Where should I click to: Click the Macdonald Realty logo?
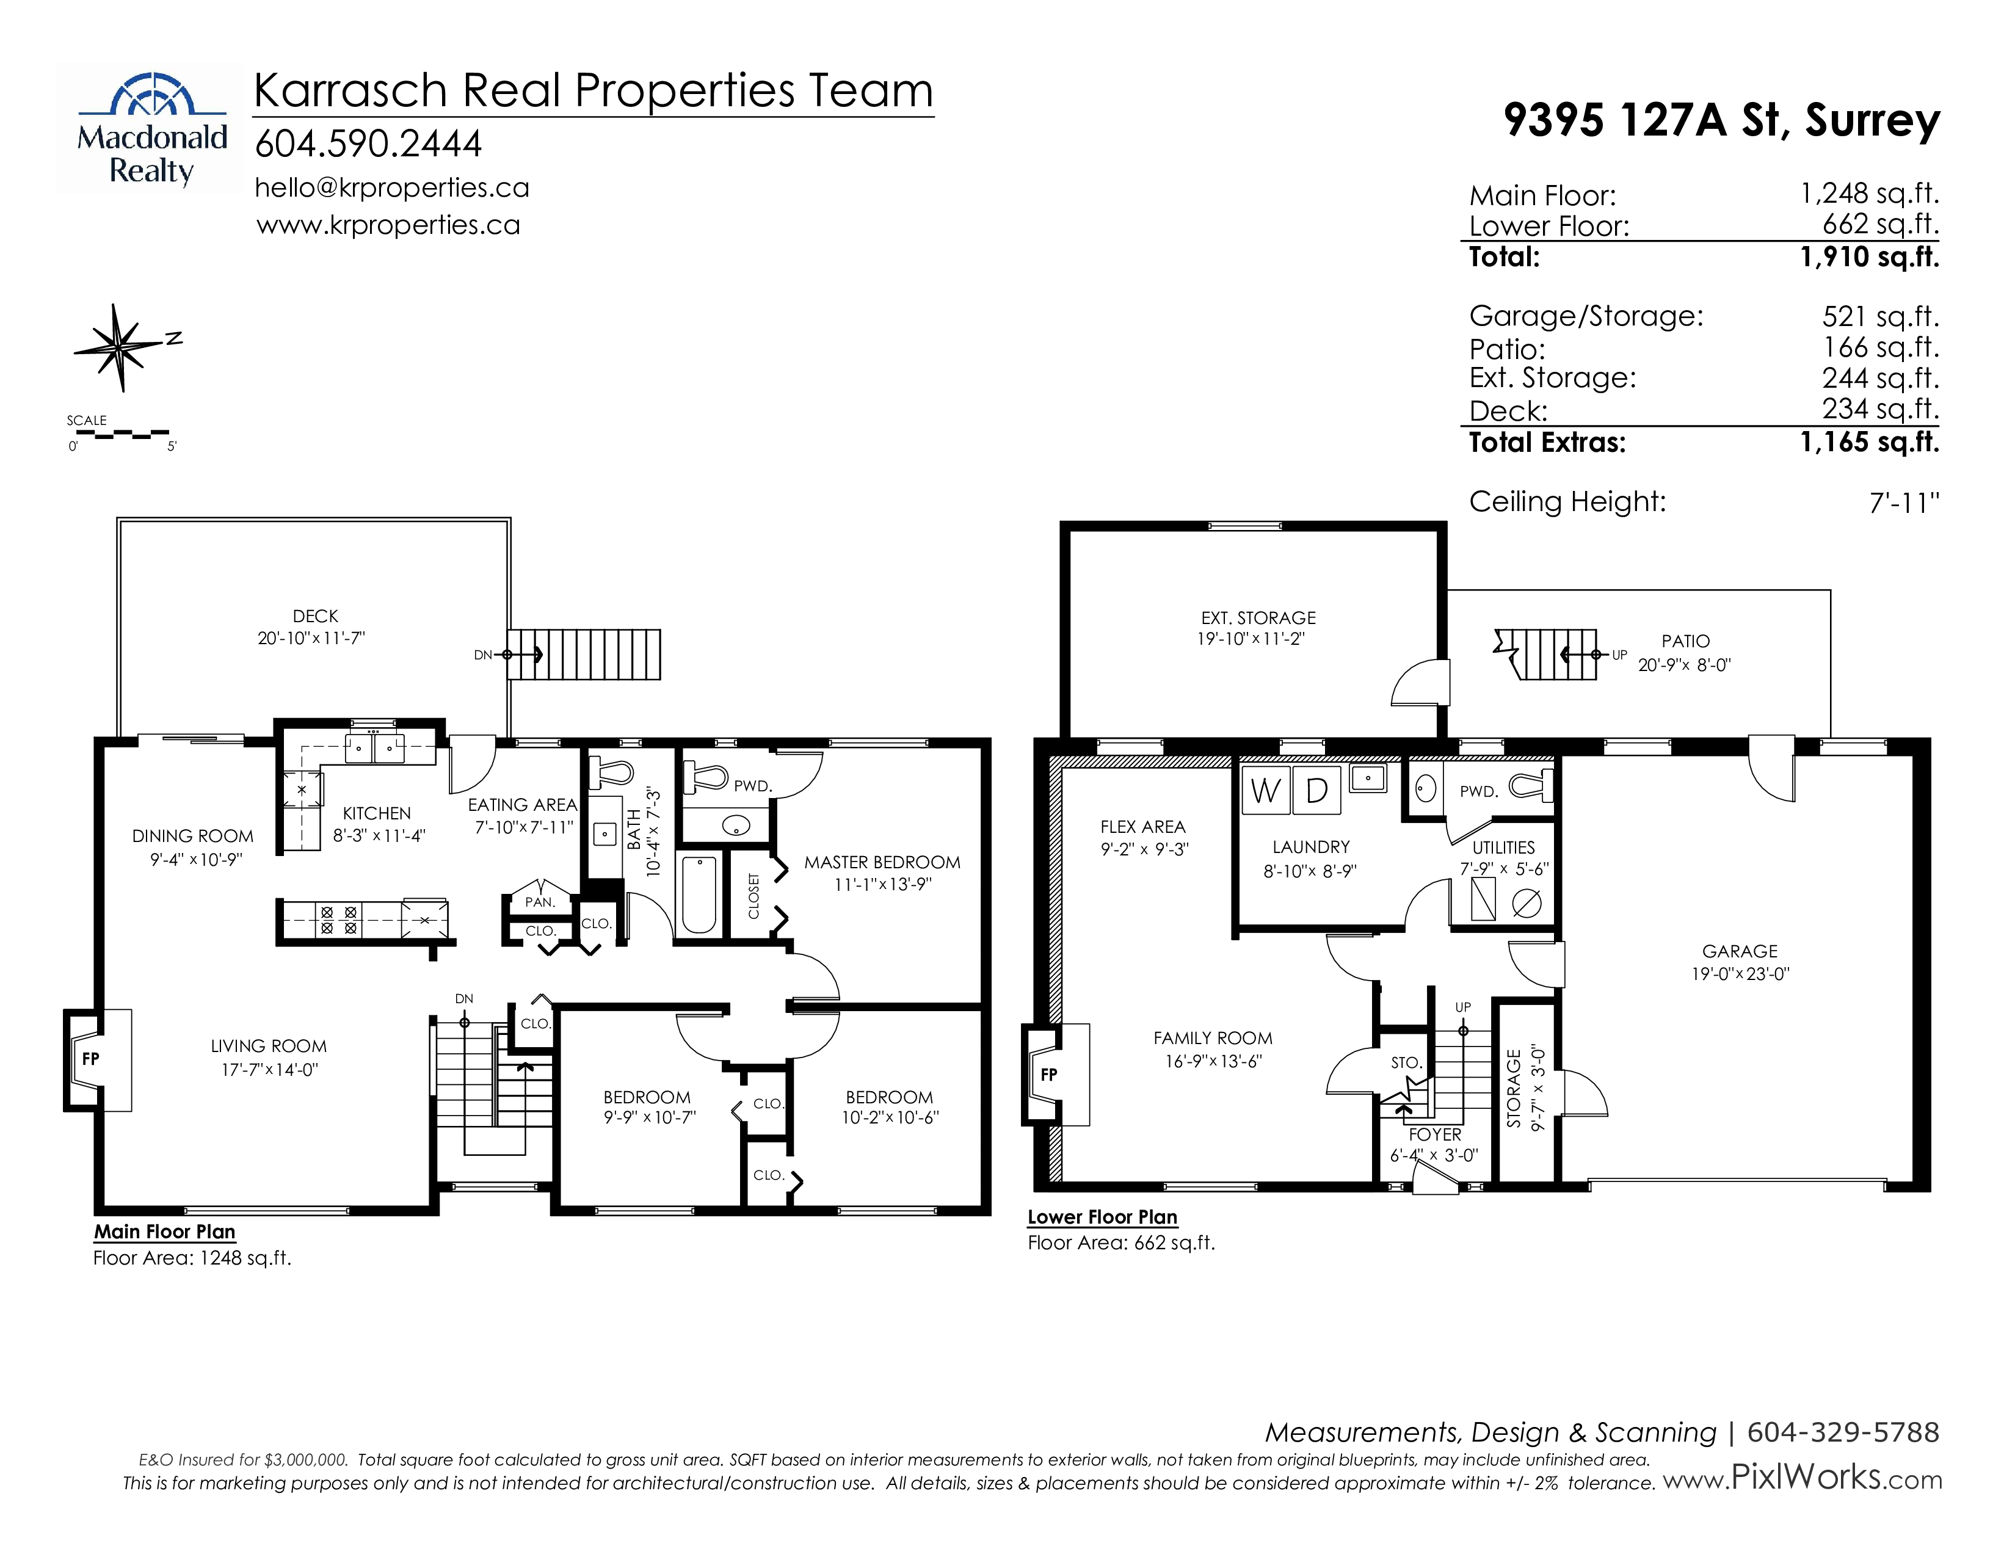pos(150,128)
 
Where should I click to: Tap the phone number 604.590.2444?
pos(368,144)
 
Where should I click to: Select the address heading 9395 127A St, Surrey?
pos(1722,120)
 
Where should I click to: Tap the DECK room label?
pos(316,616)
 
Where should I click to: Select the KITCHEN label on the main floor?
pos(376,813)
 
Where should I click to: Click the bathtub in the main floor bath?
pos(699,895)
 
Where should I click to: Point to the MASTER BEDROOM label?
pos(882,862)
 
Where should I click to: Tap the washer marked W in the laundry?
pos(1265,791)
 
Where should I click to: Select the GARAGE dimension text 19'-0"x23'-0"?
pos(1740,974)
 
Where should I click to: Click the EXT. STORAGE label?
pos(1258,618)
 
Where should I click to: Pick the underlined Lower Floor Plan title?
pos(1103,1218)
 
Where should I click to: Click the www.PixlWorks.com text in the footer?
pos(1802,1479)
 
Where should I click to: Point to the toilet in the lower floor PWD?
pos(1531,787)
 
